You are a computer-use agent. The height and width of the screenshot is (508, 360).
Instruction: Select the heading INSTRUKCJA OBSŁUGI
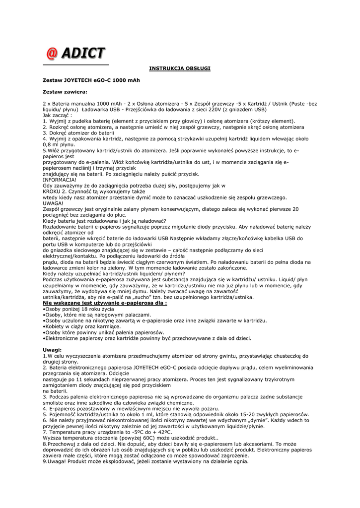pos(180,68)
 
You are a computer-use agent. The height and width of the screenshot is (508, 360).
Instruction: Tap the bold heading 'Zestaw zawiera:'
pos(65,91)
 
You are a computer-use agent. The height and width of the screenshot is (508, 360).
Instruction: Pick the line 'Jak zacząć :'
pos(57,115)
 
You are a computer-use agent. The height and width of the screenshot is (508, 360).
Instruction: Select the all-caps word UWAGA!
pos(53,203)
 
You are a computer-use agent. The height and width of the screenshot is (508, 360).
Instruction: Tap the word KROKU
pos(52,191)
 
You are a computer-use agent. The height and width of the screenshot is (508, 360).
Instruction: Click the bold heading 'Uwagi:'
pos(52,350)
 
